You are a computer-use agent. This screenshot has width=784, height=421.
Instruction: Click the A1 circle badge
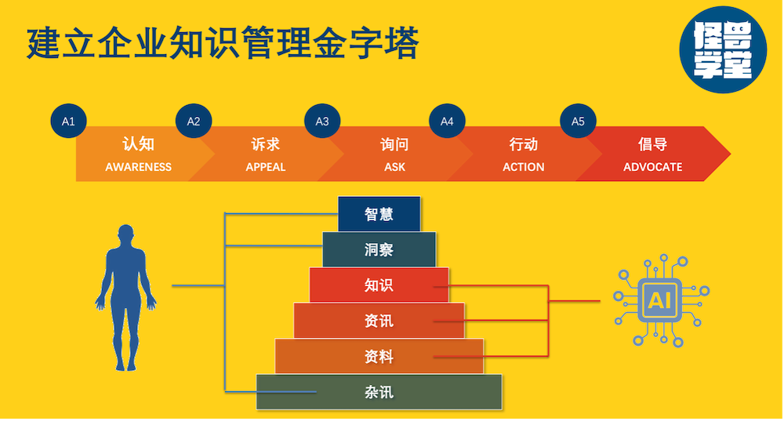68,122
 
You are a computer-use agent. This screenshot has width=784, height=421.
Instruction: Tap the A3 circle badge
322,122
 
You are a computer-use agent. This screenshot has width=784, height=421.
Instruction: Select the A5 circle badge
578,122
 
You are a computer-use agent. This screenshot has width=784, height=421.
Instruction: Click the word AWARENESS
139,167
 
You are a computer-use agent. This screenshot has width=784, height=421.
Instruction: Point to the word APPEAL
266,167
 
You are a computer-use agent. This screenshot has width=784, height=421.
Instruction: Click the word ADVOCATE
652,167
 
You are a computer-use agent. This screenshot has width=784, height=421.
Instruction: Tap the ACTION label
524,167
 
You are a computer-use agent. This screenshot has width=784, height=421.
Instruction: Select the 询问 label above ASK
394,145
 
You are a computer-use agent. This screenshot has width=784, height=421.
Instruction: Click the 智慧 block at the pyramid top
379,214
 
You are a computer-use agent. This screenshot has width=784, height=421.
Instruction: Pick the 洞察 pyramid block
379,250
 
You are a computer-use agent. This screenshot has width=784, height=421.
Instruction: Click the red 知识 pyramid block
379,285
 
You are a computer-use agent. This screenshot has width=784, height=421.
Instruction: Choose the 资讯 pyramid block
379,321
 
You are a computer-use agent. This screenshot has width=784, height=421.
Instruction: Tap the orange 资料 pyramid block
379,357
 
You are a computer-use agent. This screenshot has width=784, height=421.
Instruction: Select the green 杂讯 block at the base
379,392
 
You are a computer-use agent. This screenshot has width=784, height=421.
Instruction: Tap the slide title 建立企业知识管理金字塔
223,43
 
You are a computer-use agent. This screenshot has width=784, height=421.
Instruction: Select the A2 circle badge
194,122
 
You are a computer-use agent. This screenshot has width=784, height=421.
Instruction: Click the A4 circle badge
447,122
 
